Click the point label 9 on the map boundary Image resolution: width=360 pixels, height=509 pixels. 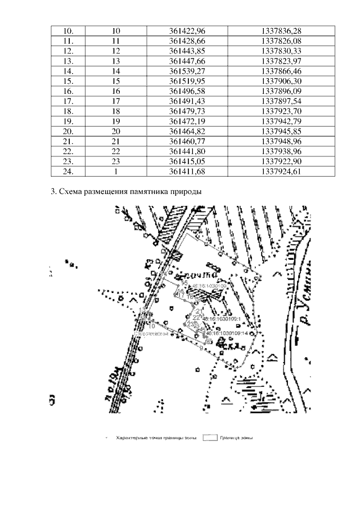tap(201, 349)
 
